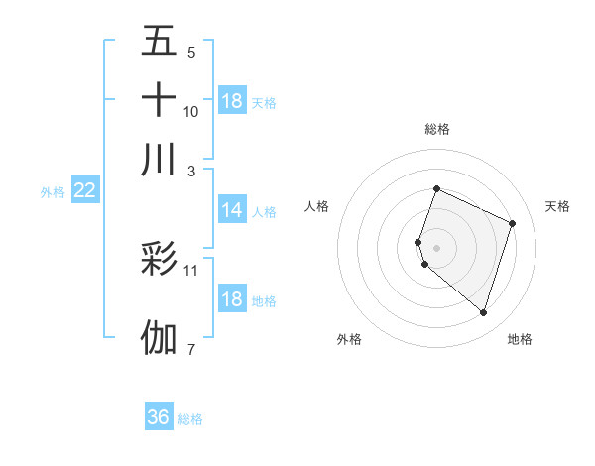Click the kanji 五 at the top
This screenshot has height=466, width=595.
(x=159, y=41)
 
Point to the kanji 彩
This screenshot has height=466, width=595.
(x=159, y=260)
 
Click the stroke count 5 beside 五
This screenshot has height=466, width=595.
(x=191, y=53)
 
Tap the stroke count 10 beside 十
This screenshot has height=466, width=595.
(x=191, y=112)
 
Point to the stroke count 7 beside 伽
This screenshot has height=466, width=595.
(x=191, y=348)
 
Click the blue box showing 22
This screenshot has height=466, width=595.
(x=84, y=190)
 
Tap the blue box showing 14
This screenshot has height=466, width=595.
(x=231, y=210)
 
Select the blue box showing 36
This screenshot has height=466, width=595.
(x=159, y=417)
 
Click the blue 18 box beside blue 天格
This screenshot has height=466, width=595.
(x=231, y=101)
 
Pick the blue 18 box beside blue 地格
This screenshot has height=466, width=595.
(x=231, y=300)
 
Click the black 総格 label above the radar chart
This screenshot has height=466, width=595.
(x=436, y=129)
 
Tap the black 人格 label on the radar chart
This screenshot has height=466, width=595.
(x=317, y=206)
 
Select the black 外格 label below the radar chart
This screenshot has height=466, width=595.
(x=349, y=340)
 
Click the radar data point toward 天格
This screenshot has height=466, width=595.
(x=513, y=223)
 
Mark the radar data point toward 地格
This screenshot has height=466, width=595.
(x=483, y=313)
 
